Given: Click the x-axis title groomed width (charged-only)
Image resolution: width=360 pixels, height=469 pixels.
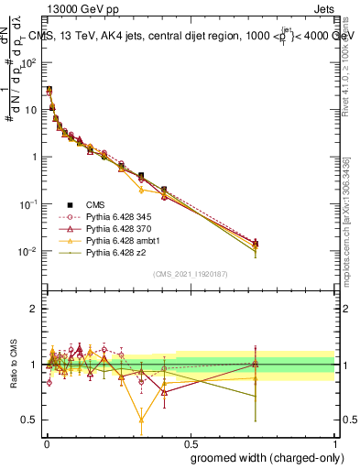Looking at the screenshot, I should [x=263, y=456].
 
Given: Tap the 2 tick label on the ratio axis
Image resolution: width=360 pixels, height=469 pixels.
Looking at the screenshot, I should [x=35, y=309].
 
